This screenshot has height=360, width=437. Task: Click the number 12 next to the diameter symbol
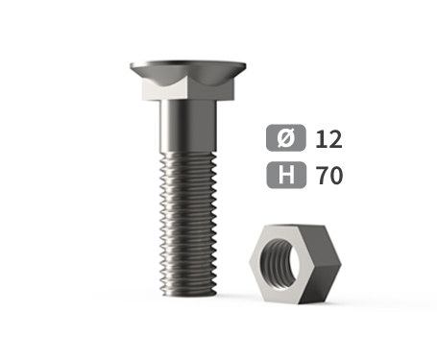(x=328, y=139)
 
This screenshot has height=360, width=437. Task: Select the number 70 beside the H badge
(x=329, y=176)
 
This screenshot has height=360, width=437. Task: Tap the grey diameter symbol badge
(x=286, y=137)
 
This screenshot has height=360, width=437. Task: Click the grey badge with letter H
(x=286, y=175)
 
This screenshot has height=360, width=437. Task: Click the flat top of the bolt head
(x=188, y=62)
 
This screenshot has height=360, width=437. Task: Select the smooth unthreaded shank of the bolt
(x=188, y=126)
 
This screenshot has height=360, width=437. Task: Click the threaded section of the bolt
(x=188, y=223)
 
